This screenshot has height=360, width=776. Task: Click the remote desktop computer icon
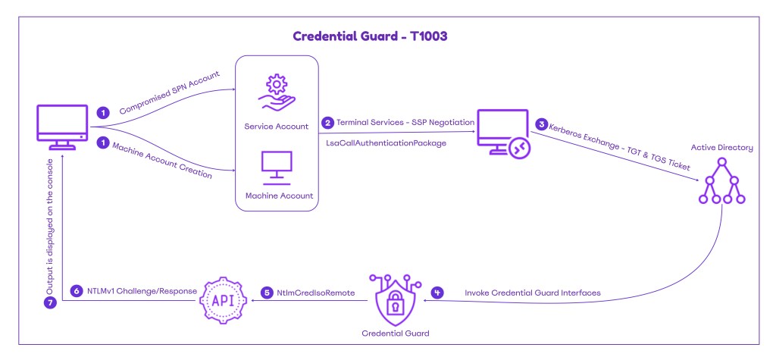pyautogui.click(x=502, y=133)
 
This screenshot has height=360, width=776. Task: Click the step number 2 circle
pyautogui.click(x=327, y=122)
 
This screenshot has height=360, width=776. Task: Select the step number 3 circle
pyautogui.click(x=541, y=124)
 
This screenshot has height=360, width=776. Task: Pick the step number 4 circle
pyautogui.click(x=437, y=292)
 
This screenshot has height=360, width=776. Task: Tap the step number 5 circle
pyautogui.click(x=266, y=292)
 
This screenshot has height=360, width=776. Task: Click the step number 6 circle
pyautogui.click(x=76, y=291)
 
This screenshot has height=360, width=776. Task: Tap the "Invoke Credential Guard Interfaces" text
pyautogui.click(x=522, y=292)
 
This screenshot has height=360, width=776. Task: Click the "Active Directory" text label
pyautogui.click(x=722, y=148)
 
